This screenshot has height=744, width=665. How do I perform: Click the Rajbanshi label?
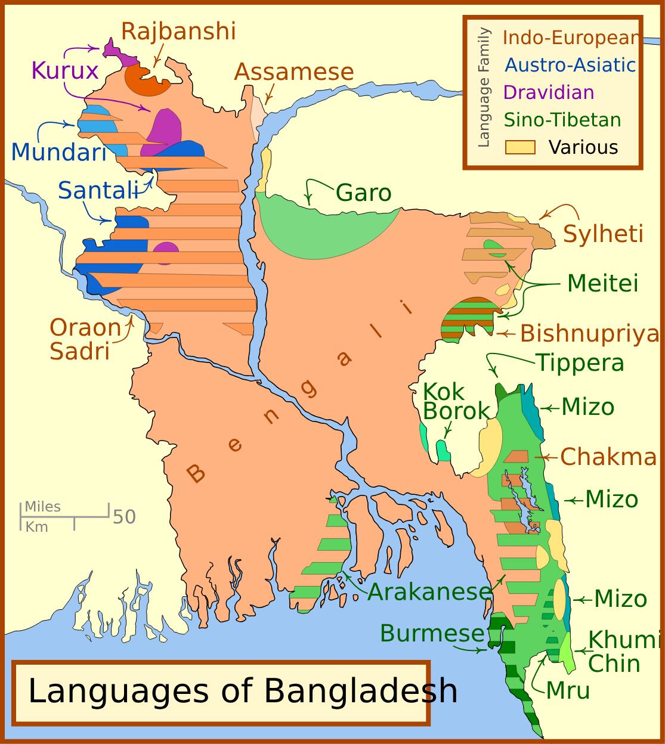178,32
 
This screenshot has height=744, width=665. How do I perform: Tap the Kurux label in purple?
64,71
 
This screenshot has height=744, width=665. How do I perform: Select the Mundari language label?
58,152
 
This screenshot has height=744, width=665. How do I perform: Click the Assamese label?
293,72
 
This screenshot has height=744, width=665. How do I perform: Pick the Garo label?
363,193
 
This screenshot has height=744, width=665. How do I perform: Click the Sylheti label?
603,234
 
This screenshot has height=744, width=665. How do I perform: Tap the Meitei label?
602,283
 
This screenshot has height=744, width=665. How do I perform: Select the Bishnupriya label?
589,334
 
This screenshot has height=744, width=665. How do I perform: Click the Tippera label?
580,362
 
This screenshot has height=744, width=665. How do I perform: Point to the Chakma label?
608,457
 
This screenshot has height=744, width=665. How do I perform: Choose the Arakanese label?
429,591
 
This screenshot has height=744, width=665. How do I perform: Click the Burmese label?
431,633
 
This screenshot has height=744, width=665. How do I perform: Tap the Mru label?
568,690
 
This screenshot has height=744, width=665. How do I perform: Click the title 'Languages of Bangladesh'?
243,692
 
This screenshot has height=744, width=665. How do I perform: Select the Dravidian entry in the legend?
549,92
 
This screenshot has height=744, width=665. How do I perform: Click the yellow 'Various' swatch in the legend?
520,147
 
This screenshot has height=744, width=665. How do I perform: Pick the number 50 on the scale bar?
124,516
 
